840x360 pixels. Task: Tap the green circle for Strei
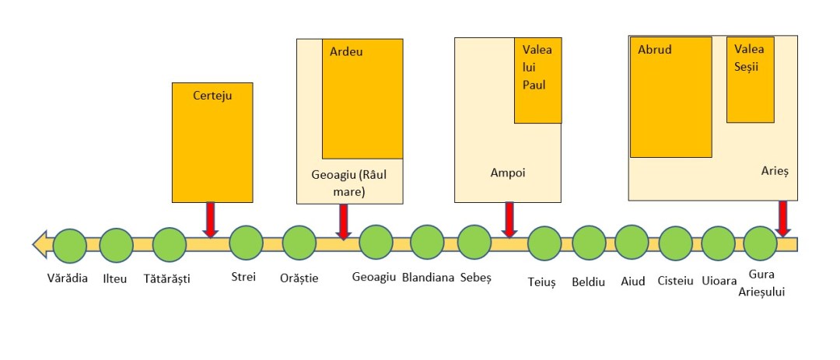click(246, 243)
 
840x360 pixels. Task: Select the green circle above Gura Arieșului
click(760, 243)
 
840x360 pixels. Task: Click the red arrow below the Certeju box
click(210, 218)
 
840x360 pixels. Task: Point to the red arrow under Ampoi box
click(509, 218)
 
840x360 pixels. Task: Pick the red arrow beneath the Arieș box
click(782, 218)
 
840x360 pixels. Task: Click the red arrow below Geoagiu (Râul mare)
click(343, 221)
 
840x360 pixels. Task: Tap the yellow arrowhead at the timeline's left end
click(40, 244)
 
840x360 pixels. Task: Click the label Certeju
click(212, 96)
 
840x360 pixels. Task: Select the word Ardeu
click(346, 52)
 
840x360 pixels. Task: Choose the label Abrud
click(654, 50)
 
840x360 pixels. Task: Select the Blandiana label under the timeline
click(428, 277)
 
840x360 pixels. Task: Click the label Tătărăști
click(167, 278)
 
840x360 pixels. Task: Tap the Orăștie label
click(299, 278)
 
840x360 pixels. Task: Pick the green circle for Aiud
click(632, 243)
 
